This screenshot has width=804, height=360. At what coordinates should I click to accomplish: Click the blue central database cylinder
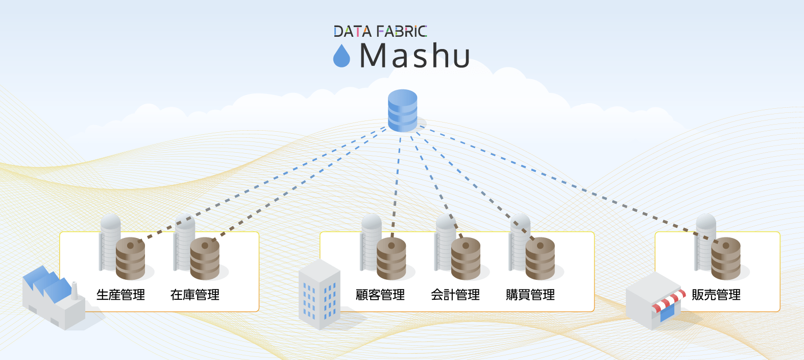tap(402, 110)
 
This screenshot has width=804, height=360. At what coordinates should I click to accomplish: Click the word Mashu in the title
tap(415, 56)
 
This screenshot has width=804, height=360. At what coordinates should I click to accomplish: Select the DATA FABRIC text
tap(380, 32)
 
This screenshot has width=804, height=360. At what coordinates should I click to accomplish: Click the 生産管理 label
tap(120, 295)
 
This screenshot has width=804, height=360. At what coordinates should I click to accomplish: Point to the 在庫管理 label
tap(195, 295)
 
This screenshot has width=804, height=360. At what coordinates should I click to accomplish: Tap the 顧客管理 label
tap(380, 295)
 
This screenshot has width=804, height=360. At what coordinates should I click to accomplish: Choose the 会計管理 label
tap(455, 295)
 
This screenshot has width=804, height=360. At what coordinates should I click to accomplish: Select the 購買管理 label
tap(530, 295)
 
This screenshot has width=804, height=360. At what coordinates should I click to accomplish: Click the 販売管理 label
tap(716, 295)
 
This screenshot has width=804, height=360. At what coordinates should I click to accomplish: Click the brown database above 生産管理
tap(130, 258)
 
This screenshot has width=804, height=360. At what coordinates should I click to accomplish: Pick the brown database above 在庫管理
tap(205, 258)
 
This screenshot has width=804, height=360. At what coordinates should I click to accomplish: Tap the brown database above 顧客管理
tap(391, 258)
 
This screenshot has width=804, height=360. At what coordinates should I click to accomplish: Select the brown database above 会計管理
tap(466, 258)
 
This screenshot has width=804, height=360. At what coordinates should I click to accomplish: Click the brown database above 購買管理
tap(540, 258)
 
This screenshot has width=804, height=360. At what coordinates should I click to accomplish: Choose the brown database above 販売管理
tap(726, 258)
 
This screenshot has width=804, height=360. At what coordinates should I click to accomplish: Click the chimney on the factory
tap(75, 291)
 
